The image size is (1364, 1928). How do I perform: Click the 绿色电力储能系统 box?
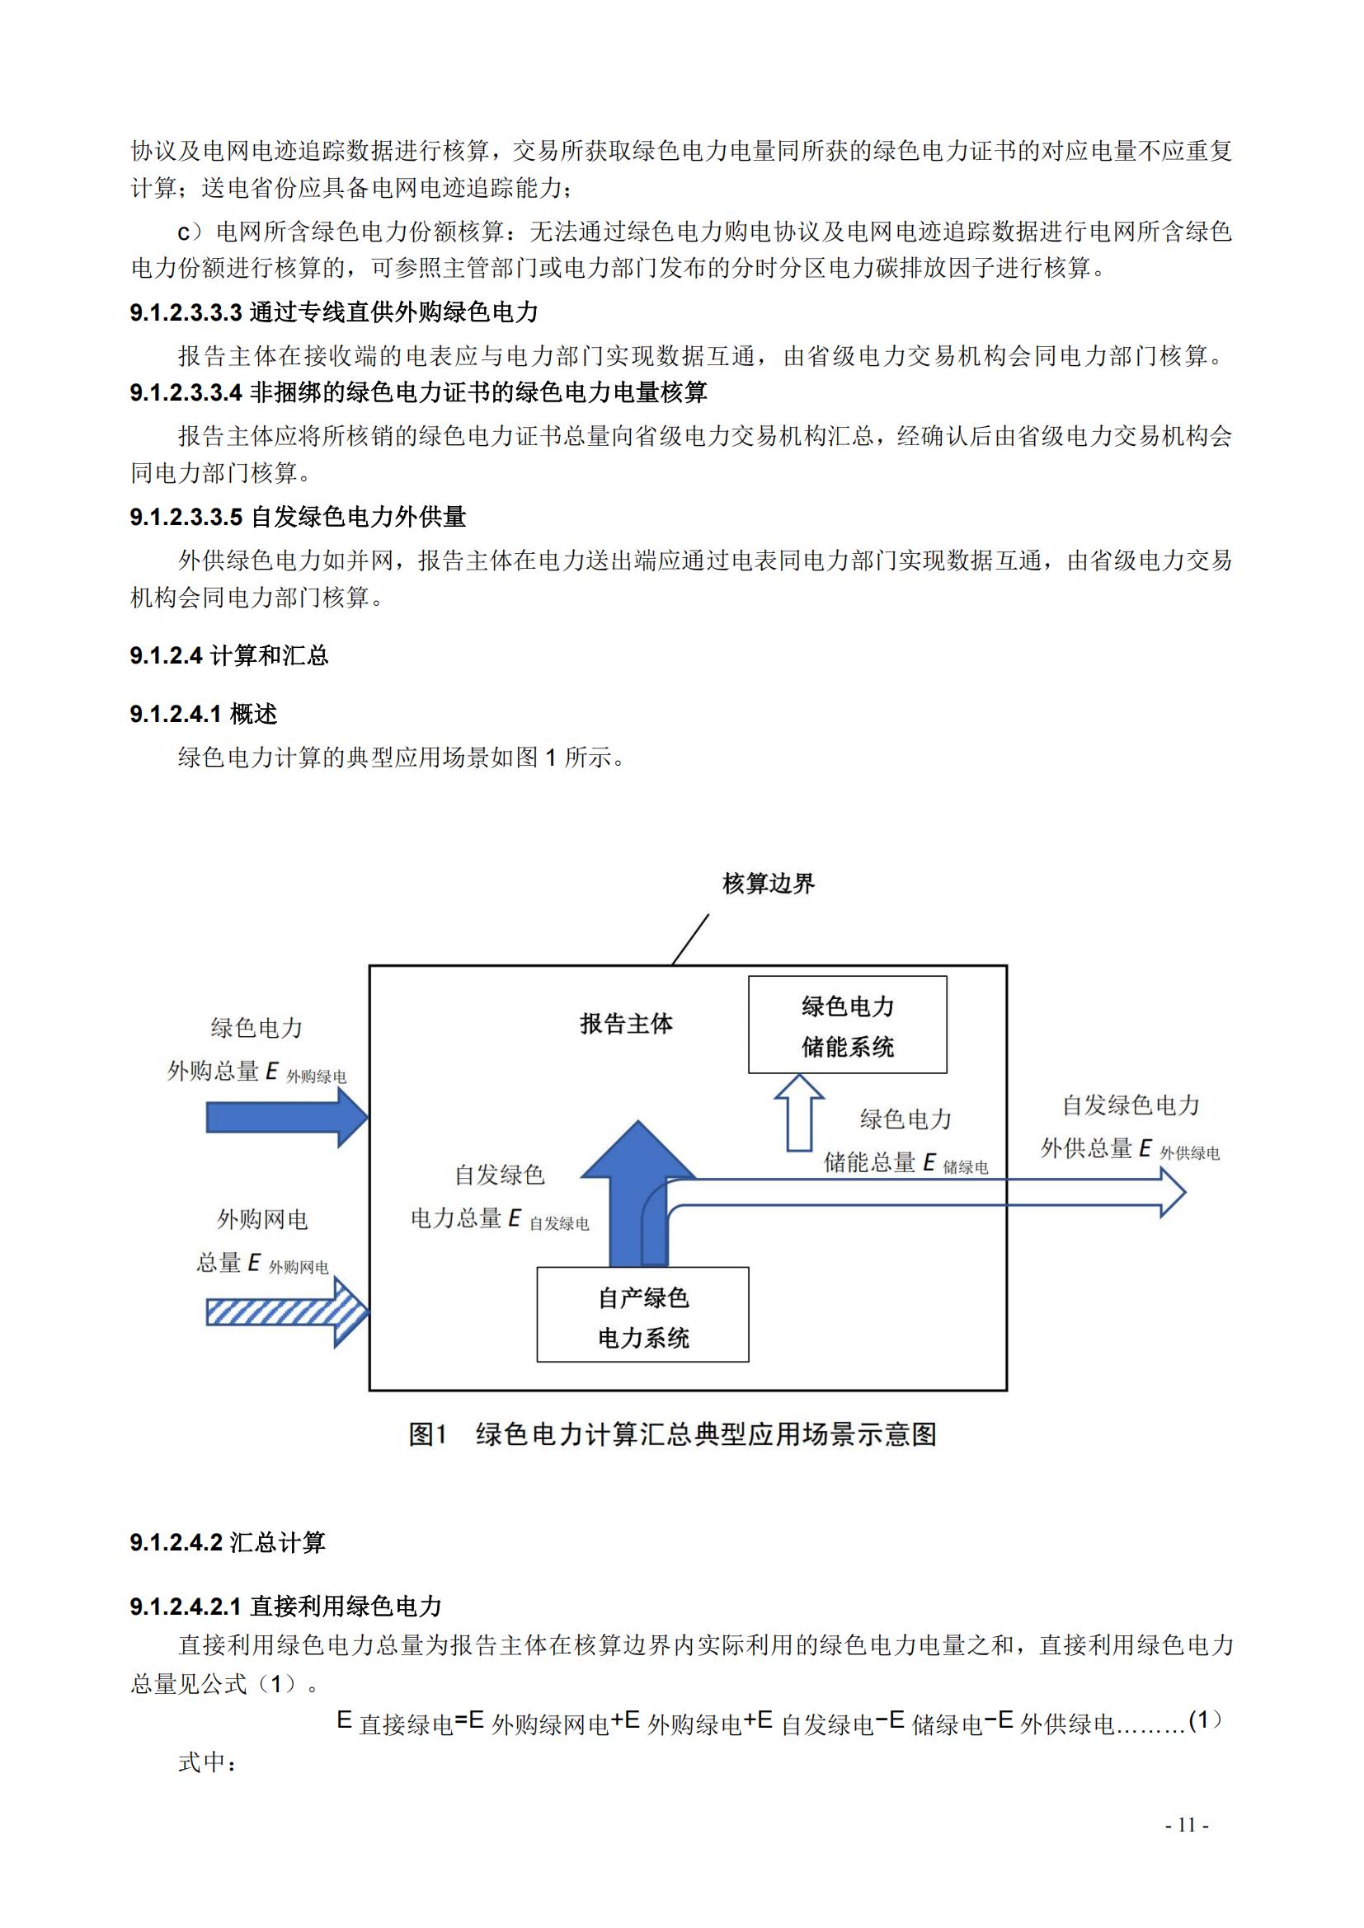[848, 1025]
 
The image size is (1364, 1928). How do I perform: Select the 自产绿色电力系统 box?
[642, 1314]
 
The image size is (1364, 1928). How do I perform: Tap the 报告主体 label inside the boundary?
[627, 1024]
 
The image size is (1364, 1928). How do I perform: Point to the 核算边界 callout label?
[769, 884]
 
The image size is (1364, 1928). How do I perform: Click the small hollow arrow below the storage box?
[799, 1112]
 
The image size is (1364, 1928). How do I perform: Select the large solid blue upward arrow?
[638, 1194]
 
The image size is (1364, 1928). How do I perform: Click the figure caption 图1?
[429, 1434]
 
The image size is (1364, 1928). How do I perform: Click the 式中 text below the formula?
[208, 1761]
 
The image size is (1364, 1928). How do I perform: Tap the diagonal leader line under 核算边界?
[690, 940]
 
